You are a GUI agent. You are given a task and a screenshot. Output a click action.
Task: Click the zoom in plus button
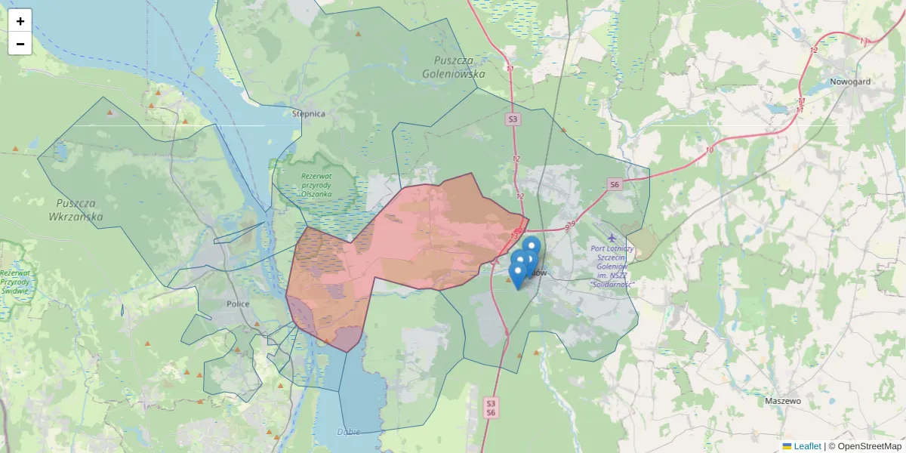20,21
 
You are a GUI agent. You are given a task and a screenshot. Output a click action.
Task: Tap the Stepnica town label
308,114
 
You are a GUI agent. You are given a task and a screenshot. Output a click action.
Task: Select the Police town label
238,304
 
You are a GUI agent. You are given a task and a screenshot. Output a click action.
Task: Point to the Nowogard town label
850,82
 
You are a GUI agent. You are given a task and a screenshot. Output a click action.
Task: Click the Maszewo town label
782,401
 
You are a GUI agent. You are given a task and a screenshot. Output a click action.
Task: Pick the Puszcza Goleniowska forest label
459,67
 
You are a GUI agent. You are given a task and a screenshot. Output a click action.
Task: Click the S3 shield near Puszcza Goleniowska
513,119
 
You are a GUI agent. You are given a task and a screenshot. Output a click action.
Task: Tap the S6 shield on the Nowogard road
615,184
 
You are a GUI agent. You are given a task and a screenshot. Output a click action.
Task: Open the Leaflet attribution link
807,446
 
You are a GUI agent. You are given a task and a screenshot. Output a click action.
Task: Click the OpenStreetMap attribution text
870,446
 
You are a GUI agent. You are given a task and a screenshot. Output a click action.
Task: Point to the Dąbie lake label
348,432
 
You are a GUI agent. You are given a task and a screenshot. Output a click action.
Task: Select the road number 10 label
709,150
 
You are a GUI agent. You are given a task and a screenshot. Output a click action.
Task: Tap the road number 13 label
514,236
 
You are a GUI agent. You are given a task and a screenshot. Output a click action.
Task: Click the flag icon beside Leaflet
787,446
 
